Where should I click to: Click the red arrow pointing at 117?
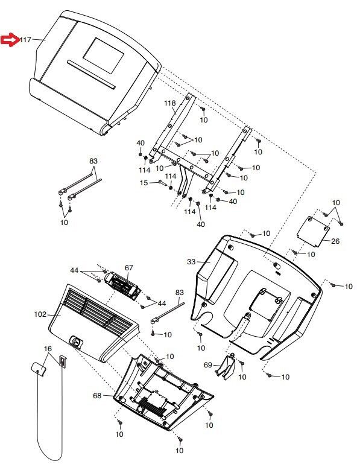(10, 39)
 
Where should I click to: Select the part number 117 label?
(26, 40)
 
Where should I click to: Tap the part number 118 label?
(170, 103)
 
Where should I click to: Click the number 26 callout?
(335, 241)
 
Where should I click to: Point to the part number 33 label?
(191, 262)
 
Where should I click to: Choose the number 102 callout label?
(40, 314)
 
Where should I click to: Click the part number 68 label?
(97, 396)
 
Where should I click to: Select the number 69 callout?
(208, 365)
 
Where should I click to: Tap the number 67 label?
(129, 268)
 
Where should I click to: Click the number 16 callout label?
(48, 349)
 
